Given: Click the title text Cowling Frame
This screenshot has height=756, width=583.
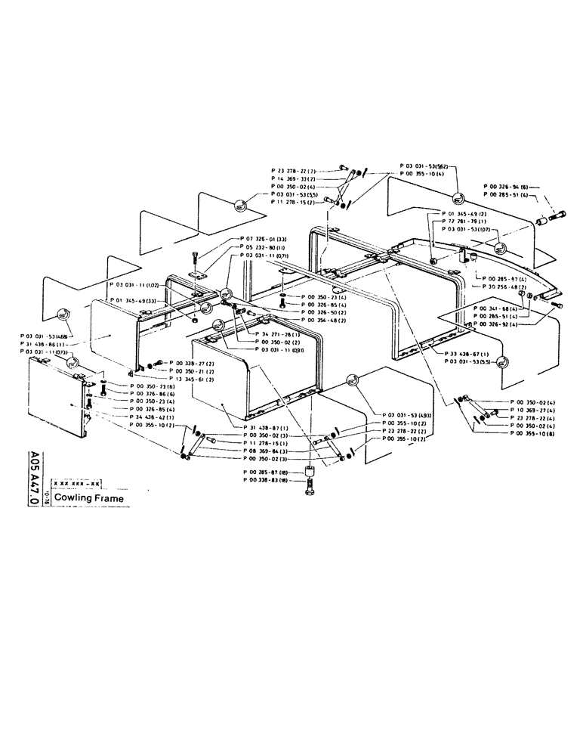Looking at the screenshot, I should click(88, 497).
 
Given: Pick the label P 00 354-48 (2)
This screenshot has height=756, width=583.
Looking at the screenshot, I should click(325, 321).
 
